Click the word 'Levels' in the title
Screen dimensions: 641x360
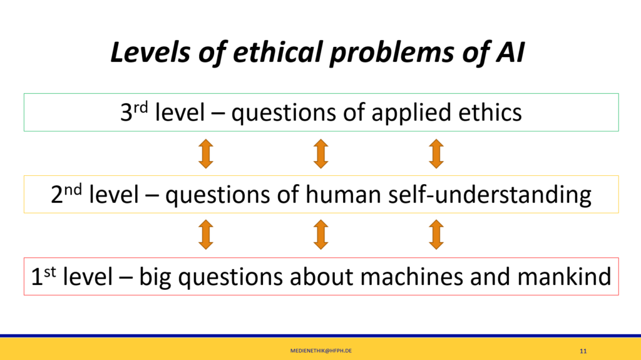tap(150, 53)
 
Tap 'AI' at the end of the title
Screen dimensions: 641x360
tap(510, 53)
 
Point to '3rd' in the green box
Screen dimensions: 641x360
tap(134, 112)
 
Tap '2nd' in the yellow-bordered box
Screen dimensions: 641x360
tap(66, 194)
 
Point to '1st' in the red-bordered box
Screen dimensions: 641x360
tap(43, 276)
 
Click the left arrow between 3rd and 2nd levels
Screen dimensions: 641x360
tap(205, 154)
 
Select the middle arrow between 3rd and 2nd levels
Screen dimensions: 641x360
tap(321, 154)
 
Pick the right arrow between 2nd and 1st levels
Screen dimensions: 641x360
tap(436, 234)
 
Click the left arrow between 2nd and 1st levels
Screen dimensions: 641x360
tap(205, 234)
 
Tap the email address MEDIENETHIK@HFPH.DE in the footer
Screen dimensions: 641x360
tap(321, 351)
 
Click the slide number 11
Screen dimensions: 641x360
tap(583, 351)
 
